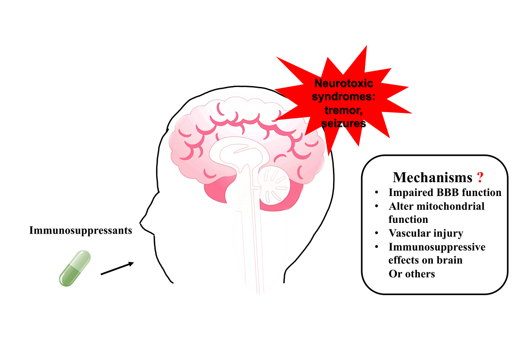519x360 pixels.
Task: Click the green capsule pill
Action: click(74, 268)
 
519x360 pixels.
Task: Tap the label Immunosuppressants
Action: click(80, 230)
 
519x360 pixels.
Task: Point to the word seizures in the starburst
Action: click(344, 124)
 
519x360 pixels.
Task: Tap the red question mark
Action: click(480, 177)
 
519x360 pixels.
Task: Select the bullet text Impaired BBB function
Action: click(445, 193)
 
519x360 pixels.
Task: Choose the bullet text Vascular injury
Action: click(426, 234)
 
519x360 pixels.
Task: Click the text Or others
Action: click(411, 274)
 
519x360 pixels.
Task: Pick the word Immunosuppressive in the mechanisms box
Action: click(437, 247)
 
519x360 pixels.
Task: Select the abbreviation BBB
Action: click(451, 193)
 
